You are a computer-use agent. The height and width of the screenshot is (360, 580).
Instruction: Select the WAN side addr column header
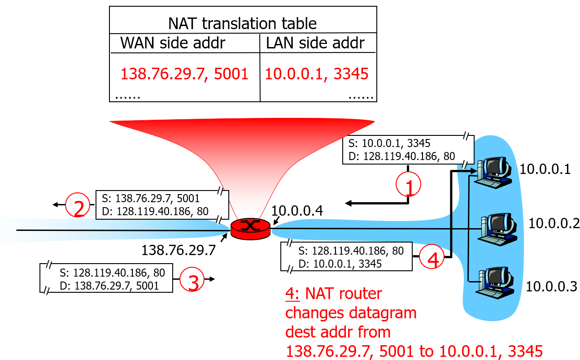point(173,43)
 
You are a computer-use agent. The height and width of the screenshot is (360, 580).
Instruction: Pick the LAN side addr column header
point(315,43)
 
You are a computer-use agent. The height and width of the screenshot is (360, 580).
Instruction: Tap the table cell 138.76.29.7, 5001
point(185,73)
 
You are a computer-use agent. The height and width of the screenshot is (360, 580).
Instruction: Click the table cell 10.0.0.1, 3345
point(317,73)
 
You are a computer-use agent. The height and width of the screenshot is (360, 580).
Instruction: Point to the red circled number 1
point(408,185)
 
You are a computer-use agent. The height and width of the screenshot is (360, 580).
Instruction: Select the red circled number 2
point(78,206)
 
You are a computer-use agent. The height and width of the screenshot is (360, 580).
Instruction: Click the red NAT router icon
point(250,228)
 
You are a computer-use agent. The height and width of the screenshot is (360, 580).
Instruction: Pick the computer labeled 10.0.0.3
point(495,282)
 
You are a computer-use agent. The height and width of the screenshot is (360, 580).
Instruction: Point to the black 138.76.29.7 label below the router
point(179,250)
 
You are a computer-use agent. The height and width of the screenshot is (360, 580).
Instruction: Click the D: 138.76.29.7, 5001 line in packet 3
point(109,285)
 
